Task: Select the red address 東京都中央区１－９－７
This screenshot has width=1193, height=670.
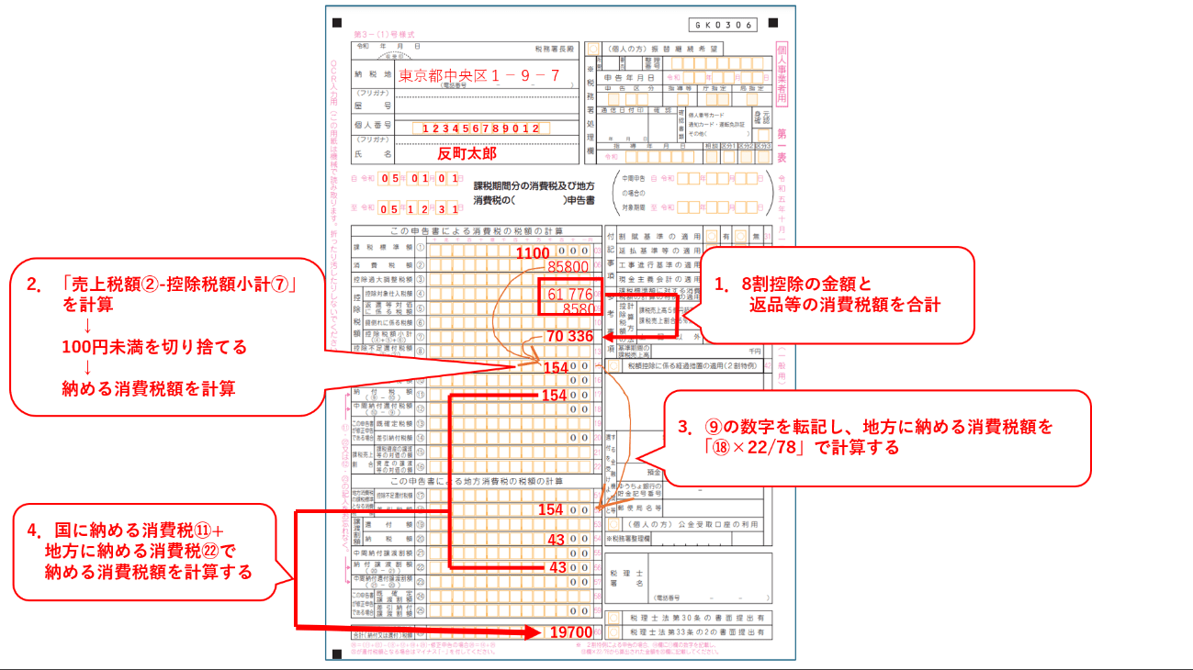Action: pos(478,76)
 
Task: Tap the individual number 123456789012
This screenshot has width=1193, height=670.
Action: pos(481,128)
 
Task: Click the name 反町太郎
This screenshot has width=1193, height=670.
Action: pos(467,153)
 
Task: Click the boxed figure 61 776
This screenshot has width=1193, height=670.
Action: pos(570,295)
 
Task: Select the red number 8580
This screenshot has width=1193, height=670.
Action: pos(580,309)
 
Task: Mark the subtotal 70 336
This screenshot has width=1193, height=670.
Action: pos(569,336)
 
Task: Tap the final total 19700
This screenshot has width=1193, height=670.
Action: pos(571,632)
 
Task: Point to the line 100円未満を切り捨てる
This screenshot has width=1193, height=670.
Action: pos(154,348)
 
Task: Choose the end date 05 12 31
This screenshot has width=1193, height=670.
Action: pos(421,208)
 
